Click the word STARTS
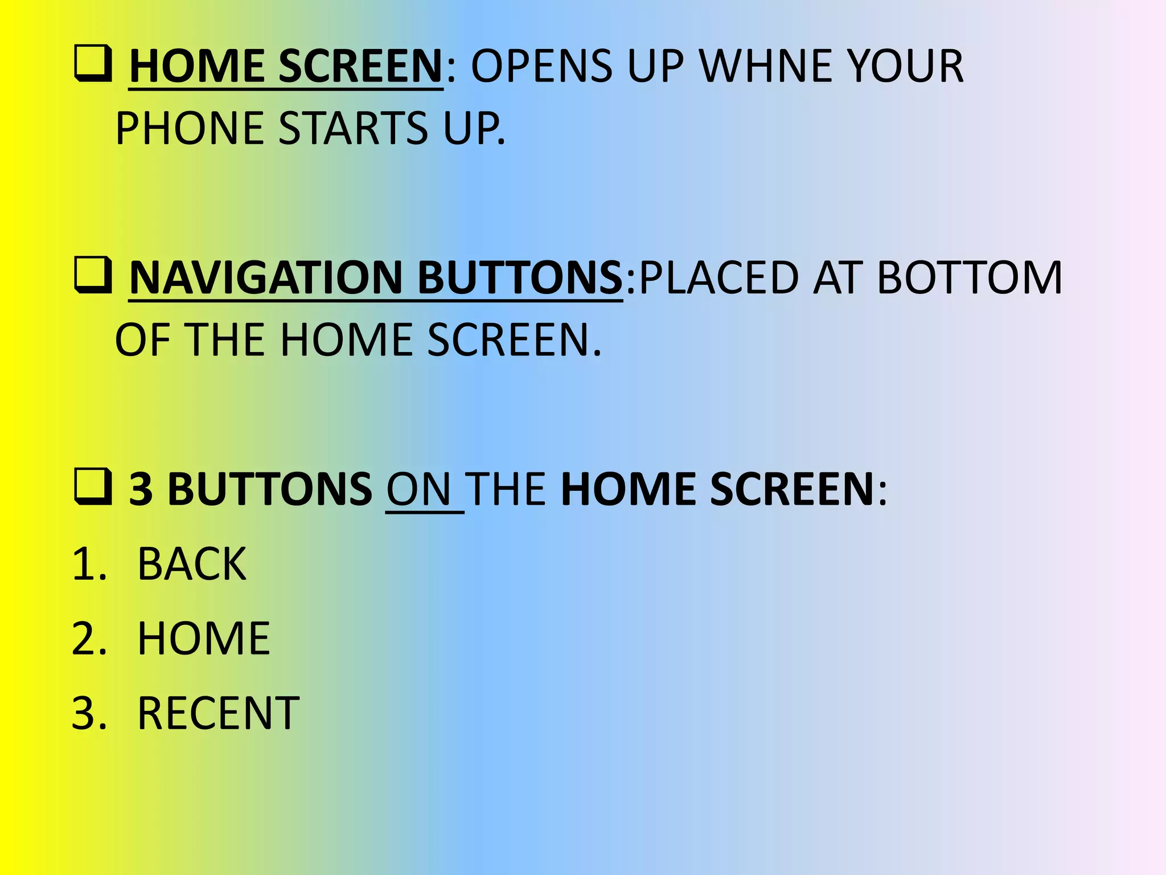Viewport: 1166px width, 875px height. point(353,128)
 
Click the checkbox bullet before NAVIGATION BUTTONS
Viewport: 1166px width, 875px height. point(92,276)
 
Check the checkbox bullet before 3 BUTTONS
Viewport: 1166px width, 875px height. point(92,488)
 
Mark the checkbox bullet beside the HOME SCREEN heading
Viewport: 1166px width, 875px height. point(92,64)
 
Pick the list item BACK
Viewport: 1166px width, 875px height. point(192,565)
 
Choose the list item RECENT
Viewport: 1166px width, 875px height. point(218,713)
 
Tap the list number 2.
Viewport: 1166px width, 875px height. point(88,639)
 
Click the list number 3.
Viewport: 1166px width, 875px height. point(88,713)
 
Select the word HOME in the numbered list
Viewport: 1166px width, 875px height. point(203,639)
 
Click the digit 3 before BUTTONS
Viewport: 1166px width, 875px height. point(141,489)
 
